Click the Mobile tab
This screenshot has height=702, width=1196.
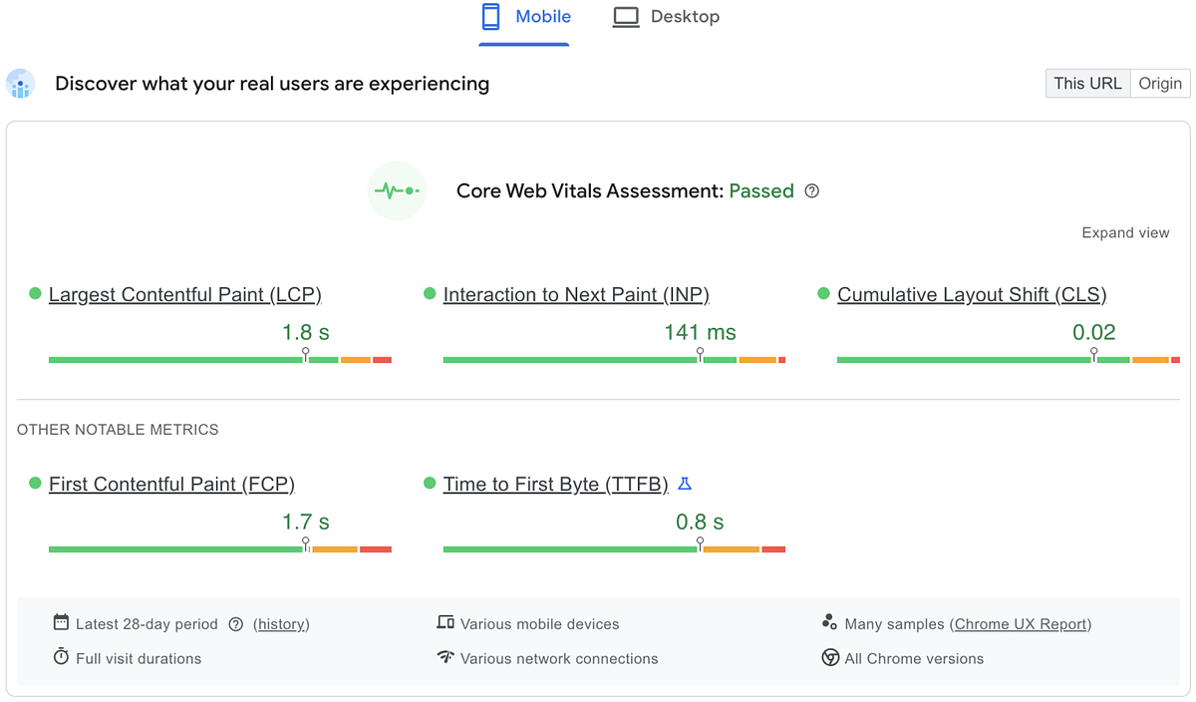[525, 17]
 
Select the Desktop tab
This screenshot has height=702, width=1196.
[666, 17]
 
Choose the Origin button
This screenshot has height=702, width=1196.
[1160, 83]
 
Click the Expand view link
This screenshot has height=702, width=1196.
[1125, 232]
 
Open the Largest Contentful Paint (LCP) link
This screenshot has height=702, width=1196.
[184, 294]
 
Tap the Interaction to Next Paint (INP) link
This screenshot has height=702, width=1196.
[576, 294]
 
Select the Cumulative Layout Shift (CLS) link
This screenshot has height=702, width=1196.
[972, 294]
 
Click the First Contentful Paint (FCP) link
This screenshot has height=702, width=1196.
[171, 484]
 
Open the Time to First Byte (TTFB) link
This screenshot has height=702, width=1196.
[555, 484]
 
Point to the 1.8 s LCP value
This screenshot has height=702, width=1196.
[305, 332]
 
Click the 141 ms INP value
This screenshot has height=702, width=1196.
[700, 332]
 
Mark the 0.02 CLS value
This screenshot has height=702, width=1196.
[1093, 332]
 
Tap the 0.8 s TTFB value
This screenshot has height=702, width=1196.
[700, 522]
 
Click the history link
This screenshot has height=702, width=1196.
[281, 624]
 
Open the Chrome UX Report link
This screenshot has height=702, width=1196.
[1021, 624]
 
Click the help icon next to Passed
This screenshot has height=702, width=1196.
[812, 191]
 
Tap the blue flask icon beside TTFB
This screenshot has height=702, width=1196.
[685, 484]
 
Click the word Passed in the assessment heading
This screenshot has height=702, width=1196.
[761, 191]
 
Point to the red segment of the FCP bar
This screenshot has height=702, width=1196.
[376, 548]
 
